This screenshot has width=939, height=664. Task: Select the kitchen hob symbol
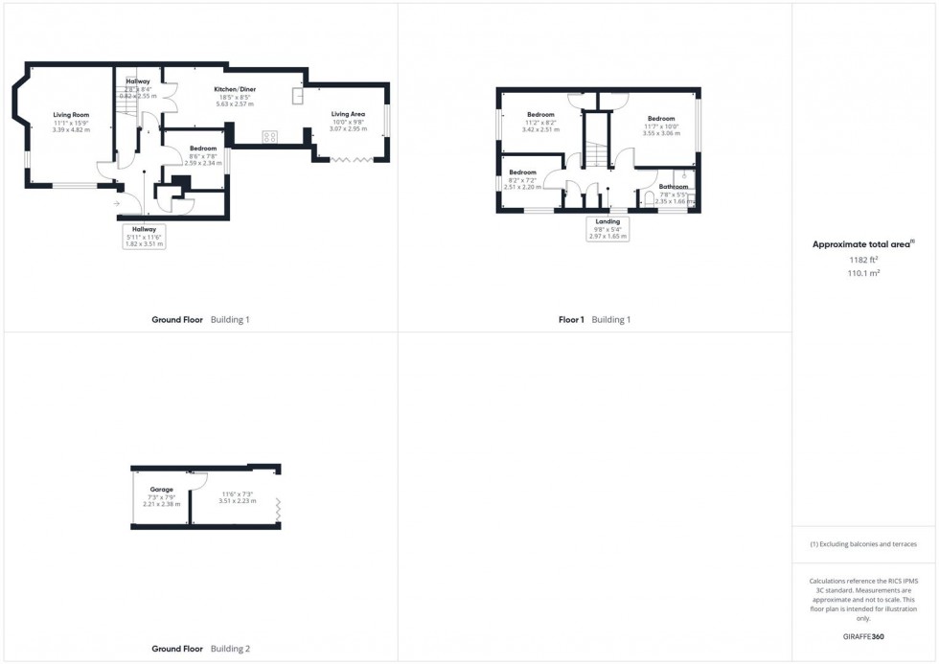coord(269,137)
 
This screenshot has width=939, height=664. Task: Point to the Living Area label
coord(349,113)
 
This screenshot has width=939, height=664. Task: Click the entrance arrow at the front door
coord(117,203)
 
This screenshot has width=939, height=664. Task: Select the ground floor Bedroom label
coord(203,149)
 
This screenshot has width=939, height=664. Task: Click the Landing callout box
coord(608,228)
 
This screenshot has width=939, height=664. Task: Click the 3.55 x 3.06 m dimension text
coord(661,134)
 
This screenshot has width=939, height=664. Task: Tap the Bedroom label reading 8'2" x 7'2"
coord(522,179)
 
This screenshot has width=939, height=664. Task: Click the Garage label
coord(161,489)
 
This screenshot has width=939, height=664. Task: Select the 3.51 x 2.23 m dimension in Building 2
coord(238,500)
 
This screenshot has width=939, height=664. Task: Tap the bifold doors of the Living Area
coord(356,161)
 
